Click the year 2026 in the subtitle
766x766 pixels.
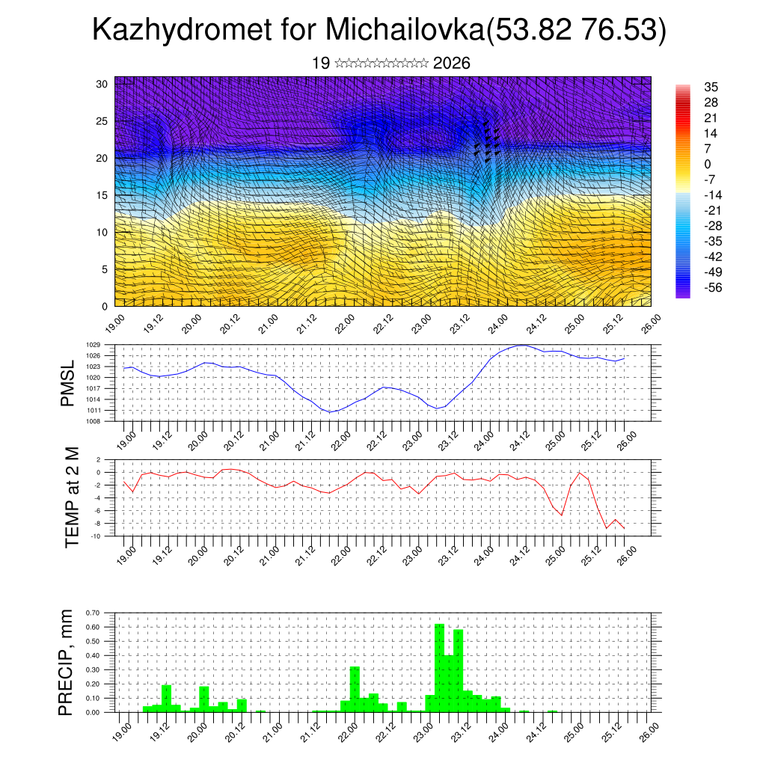click(x=451, y=64)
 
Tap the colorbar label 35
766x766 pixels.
click(x=711, y=87)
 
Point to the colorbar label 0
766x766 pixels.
click(x=708, y=164)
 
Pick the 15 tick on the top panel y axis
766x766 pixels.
click(x=103, y=195)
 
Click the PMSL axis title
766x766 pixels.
click(x=68, y=384)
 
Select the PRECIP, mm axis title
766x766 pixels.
click(x=68, y=662)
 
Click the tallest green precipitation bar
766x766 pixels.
click(x=439, y=666)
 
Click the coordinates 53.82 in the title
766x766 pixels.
click(x=524, y=31)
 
